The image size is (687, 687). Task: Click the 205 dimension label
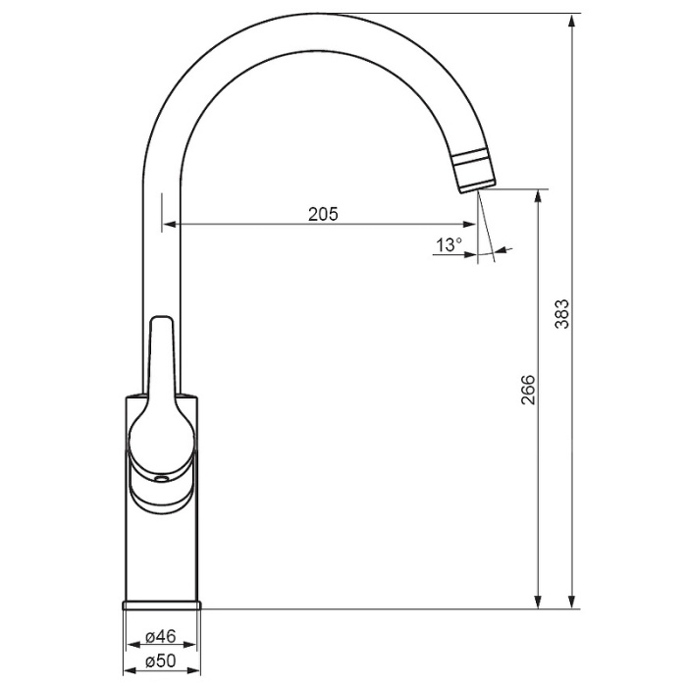323,214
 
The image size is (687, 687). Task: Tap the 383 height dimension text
561,314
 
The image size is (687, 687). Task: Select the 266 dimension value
528,390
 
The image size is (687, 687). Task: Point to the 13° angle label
449,244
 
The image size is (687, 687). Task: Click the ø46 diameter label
160,636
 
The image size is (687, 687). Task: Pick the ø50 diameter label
160,661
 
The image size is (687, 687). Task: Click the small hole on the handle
162,479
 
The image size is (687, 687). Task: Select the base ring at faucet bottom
162,606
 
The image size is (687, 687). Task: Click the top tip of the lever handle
162,317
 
